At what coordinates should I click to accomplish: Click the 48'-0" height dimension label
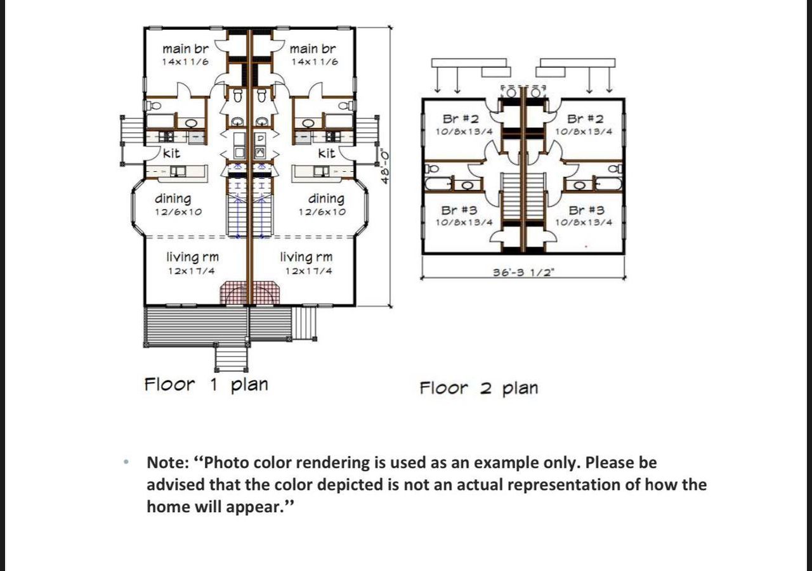pyautogui.click(x=384, y=166)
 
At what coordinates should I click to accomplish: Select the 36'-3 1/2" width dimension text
pyautogui.click(x=523, y=273)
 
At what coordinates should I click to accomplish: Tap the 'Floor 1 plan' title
pyautogui.click(x=206, y=385)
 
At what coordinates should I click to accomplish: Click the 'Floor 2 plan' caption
pyautogui.click(x=478, y=388)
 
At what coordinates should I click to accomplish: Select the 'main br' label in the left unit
pyautogui.click(x=185, y=49)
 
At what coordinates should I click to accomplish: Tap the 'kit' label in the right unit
pyautogui.click(x=326, y=153)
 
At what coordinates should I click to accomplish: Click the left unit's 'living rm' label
pyautogui.click(x=192, y=257)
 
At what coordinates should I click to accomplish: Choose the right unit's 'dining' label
pyautogui.click(x=326, y=199)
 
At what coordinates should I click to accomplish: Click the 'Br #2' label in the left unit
pyautogui.click(x=461, y=119)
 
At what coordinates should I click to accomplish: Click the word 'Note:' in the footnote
pyautogui.click(x=171, y=463)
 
